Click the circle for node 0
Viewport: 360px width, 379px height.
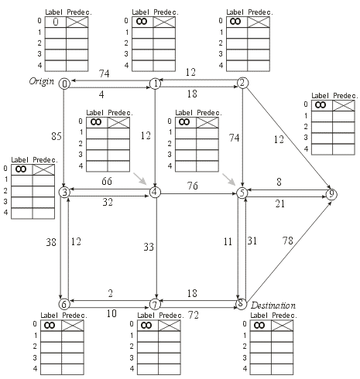(64, 84)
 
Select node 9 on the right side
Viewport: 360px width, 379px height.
(332, 194)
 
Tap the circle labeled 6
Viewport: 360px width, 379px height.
(64, 304)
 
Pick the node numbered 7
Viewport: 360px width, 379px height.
(156, 304)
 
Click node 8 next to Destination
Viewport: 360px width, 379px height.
(241, 304)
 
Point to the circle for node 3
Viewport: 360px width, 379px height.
(65, 191)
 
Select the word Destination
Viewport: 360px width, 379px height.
(273, 306)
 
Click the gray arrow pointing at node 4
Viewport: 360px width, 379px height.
(139, 180)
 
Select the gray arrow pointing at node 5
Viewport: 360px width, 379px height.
(229, 180)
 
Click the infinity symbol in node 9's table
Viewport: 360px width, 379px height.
(319, 104)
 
